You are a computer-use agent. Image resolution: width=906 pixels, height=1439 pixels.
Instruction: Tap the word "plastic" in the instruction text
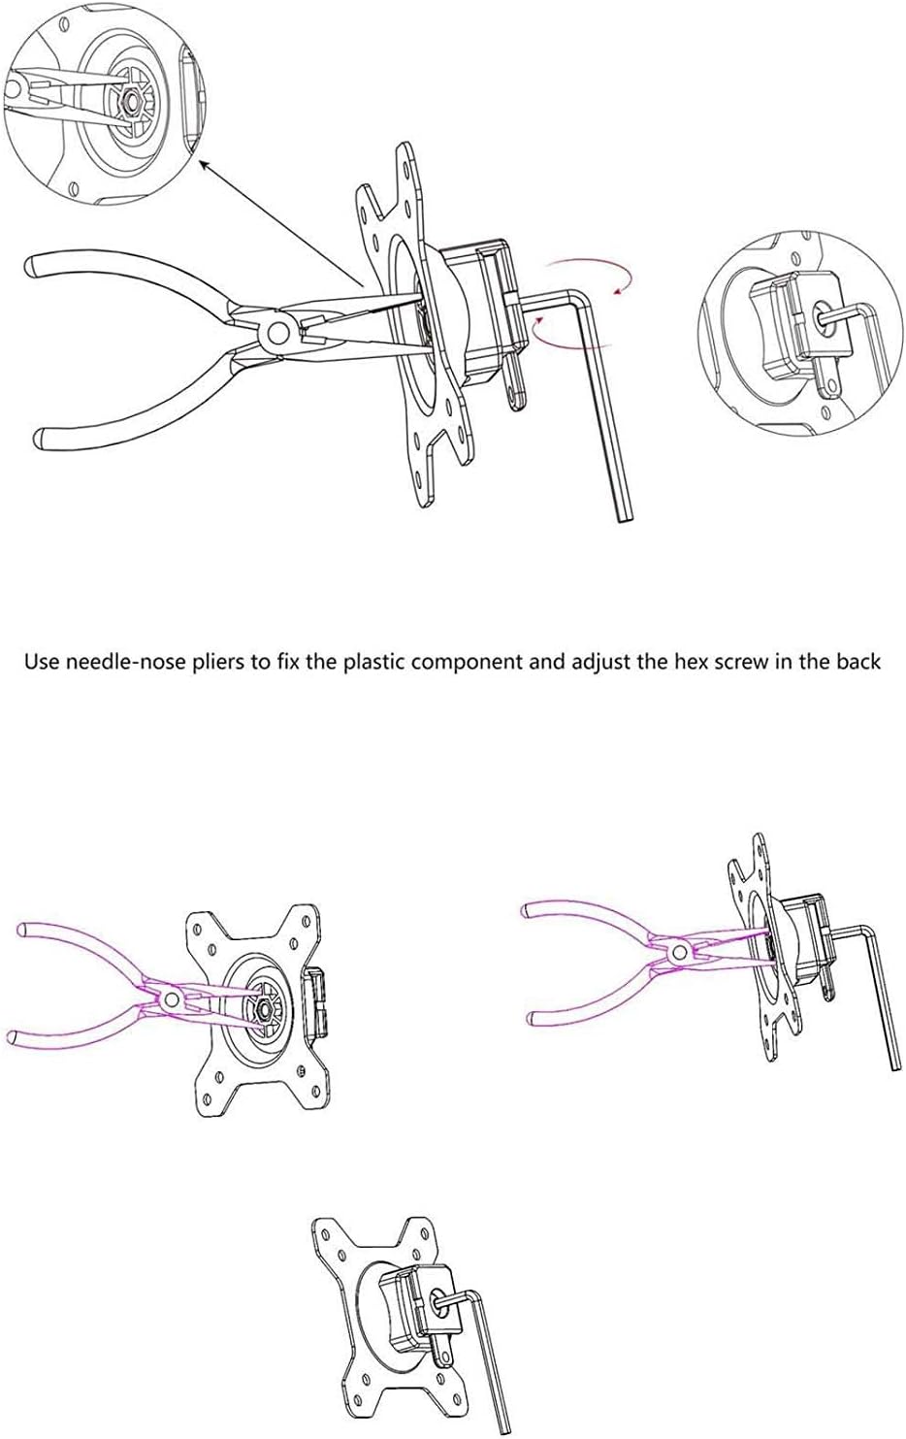pos(372,663)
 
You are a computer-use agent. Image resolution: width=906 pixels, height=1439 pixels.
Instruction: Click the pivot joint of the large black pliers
pos(278,333)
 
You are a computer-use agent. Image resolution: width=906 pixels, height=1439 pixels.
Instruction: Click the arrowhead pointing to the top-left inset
pos(204,165)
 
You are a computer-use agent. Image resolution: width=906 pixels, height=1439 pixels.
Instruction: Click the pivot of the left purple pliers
pos(171,998)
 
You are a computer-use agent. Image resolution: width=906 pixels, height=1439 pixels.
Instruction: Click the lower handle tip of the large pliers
pos(40,438)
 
